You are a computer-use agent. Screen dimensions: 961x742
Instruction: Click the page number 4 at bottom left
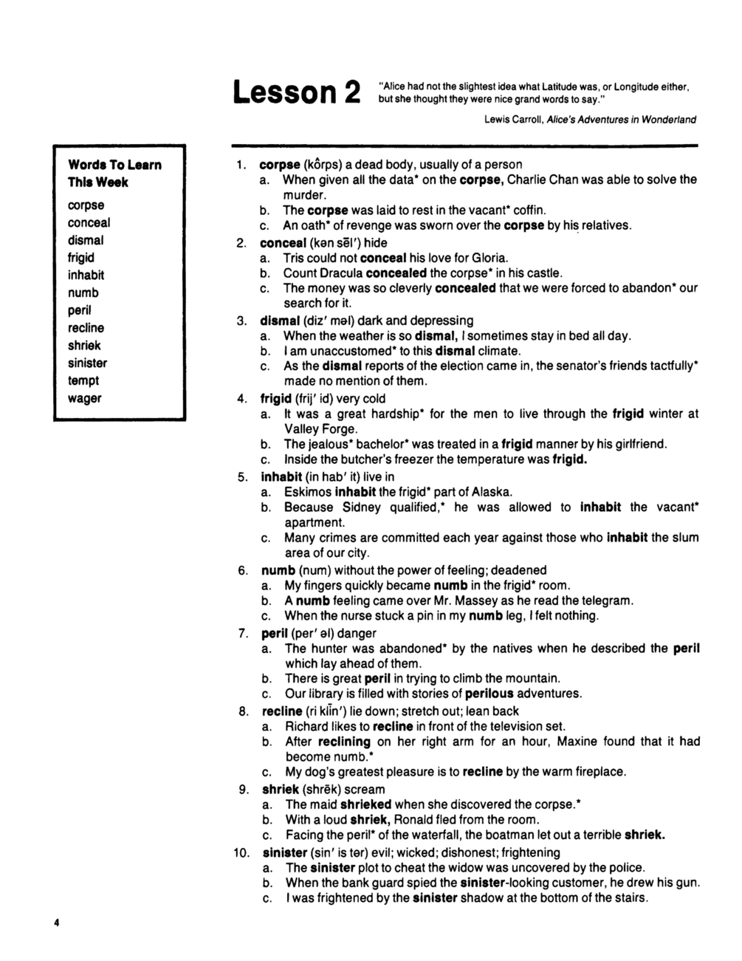click(x=56, y=923)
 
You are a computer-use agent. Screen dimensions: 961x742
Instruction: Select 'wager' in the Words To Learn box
click(x=84, y=398)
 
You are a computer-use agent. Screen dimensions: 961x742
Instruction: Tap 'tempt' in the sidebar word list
click(x=83, y=380)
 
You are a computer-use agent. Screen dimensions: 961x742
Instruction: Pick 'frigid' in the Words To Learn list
click(x=81, y=258)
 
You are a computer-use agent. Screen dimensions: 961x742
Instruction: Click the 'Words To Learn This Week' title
click(x=114, y=174)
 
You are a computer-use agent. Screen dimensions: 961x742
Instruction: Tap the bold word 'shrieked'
click(x=366, y=804)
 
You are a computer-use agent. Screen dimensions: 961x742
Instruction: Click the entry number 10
click(x=242, y=852)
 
